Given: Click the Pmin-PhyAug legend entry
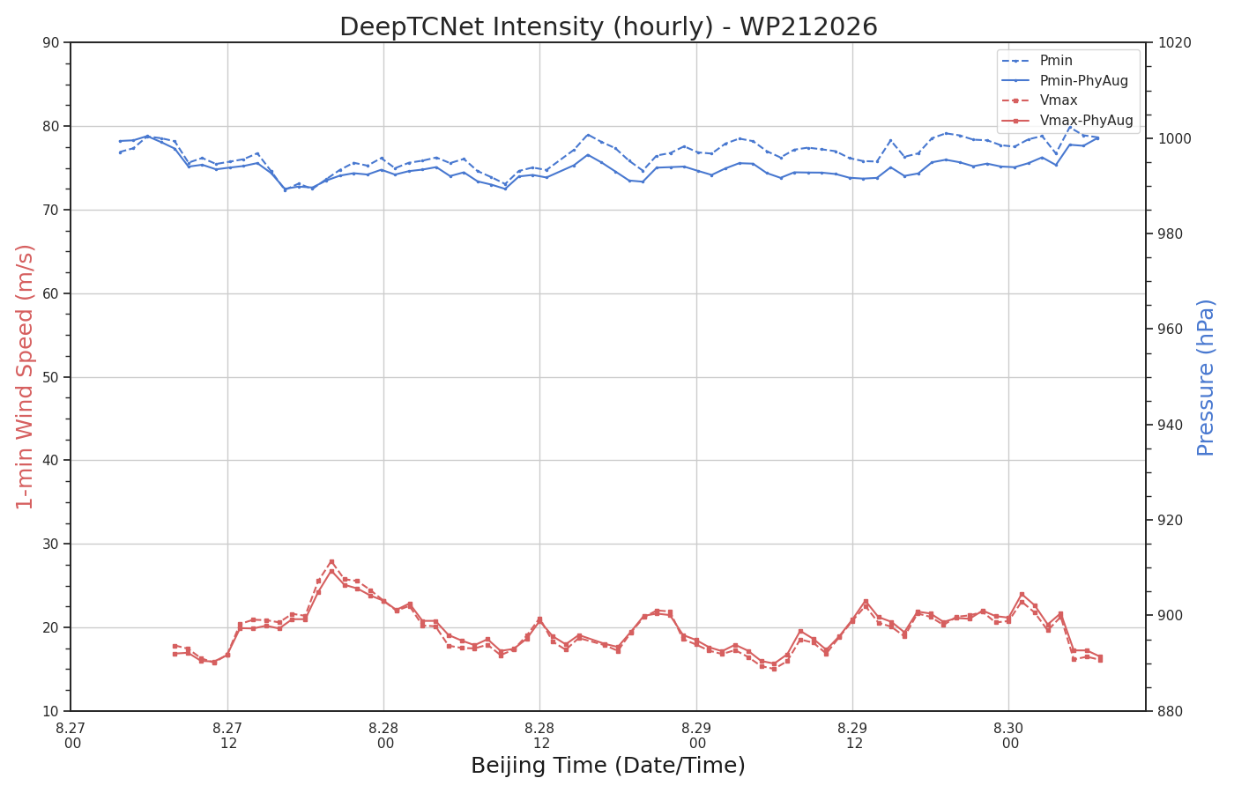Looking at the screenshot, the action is (1065, 80).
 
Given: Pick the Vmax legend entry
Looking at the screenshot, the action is (1039, 100).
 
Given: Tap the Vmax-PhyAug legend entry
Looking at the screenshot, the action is (1067, 120).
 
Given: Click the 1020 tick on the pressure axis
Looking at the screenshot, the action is (1174, 42).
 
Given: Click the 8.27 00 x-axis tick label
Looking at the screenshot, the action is (71, 736).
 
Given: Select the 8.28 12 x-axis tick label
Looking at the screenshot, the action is (539, 736).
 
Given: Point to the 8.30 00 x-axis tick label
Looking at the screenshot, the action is (1008, 736).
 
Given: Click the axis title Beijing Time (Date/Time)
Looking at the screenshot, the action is (608, 766).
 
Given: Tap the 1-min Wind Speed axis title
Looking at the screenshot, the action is (25, 377).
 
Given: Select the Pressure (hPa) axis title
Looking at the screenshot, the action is (1206, 378).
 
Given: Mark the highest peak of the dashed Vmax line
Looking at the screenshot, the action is (331, 562).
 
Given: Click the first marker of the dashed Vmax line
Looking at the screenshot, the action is (175, 646).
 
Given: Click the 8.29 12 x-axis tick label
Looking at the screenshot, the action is (853, 736).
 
